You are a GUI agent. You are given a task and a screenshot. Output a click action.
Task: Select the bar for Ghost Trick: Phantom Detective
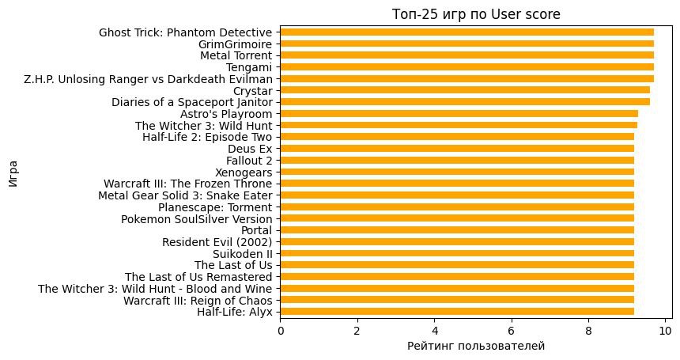coord(467,32)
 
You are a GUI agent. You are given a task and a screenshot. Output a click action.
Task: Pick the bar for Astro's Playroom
coord(459,114)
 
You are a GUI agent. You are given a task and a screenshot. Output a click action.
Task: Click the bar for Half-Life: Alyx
coord(457,312)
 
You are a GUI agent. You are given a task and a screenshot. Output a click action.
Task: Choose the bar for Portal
coord(457,230)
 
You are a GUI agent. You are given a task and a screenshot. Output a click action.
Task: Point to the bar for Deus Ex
coord(457,149)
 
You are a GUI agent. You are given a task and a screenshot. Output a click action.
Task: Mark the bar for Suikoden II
coord(457,253)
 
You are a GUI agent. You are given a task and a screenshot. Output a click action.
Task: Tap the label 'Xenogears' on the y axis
coord(244,172)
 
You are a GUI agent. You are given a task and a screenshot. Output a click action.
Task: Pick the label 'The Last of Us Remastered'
coord(198,277)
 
